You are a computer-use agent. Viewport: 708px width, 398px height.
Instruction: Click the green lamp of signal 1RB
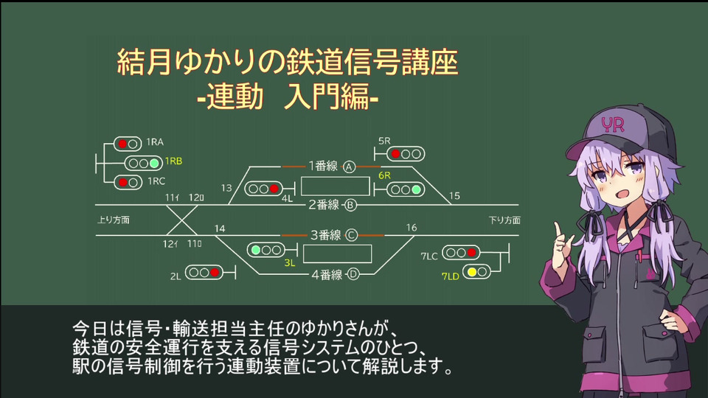pos(154,163)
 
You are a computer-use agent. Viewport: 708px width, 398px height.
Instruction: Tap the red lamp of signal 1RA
pos(123,144)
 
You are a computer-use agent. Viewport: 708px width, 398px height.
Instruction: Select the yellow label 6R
pos(384,175)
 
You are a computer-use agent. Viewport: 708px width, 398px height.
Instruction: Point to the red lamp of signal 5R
pos(396,154)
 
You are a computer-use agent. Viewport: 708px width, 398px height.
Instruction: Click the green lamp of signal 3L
pos(256,250)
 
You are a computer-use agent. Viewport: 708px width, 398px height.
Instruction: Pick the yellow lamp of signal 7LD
pos(472,271)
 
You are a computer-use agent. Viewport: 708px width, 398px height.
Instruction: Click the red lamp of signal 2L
pos(215,273)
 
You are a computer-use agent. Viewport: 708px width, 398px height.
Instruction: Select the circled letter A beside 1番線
pos(350,167)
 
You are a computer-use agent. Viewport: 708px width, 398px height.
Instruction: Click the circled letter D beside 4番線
pos(353,275)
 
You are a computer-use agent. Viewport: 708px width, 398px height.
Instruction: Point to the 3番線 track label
pos(324,235)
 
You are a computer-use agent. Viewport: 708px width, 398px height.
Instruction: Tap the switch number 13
pos(226,188)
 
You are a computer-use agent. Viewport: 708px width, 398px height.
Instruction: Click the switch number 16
pos(412,228)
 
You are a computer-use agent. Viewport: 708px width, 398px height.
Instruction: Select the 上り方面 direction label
pos(114,220)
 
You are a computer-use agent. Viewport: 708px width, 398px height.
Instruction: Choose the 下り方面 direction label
pos(504,220)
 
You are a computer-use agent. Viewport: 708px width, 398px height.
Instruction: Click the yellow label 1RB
pos(173,161)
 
